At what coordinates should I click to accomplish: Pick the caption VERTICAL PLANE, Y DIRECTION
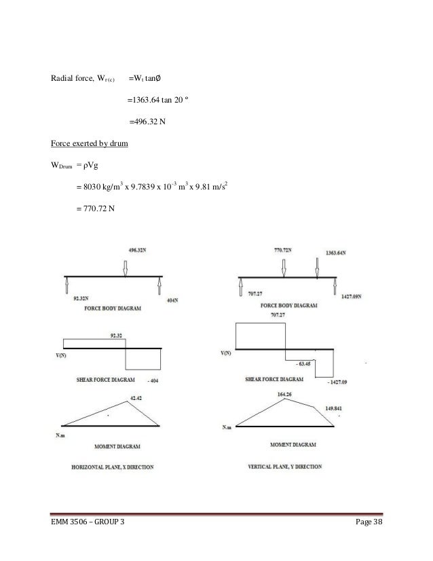286,468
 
